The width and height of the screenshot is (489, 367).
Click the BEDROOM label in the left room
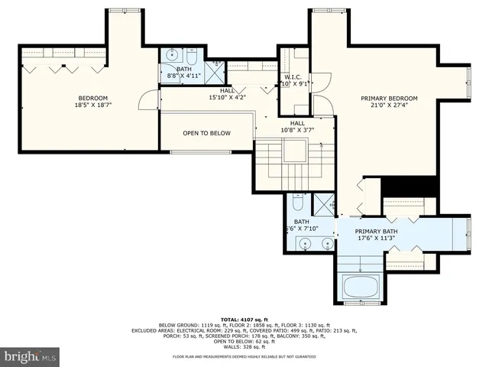(x=92, y=98)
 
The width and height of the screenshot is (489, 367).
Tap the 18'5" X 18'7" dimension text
(x=92, y=106)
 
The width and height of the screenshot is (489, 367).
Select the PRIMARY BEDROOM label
(x=390, y=99)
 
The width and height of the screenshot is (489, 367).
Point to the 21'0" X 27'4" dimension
(x=390, y=107)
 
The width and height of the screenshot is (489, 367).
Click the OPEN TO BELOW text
(x=206, y=133)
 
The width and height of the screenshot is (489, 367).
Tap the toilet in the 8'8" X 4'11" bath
(x=191, y=57)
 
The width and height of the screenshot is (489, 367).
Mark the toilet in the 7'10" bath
(x=299, y=203)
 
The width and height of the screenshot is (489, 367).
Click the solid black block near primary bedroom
(x=408, y=187)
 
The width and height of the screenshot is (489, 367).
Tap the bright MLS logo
(x=31, y=356)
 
